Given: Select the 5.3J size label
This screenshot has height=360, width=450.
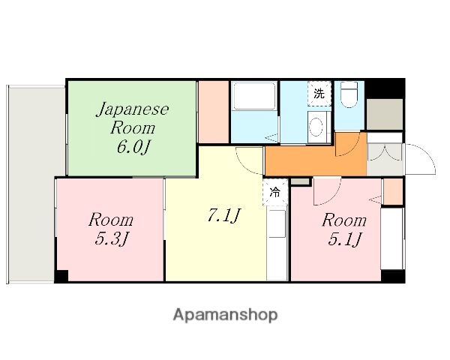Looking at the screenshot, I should point(111,240).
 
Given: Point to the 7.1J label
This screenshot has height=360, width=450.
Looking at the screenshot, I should point(223,216).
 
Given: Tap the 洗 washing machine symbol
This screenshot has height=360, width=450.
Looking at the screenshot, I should point(319,94).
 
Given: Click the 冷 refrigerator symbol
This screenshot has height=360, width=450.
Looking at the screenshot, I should point(275,192).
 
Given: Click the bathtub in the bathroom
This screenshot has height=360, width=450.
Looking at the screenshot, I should point(255,97).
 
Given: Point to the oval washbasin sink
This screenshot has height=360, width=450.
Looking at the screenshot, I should point(316,124).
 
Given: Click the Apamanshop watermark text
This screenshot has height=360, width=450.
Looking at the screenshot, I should point(225,315).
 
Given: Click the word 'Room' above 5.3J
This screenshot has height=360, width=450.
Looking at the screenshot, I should point(111,220).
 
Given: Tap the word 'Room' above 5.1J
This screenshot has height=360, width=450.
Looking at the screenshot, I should point(344,220).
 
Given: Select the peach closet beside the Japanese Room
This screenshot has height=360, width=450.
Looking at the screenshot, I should point(214,110).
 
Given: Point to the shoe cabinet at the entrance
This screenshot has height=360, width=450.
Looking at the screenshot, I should point(385,112).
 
